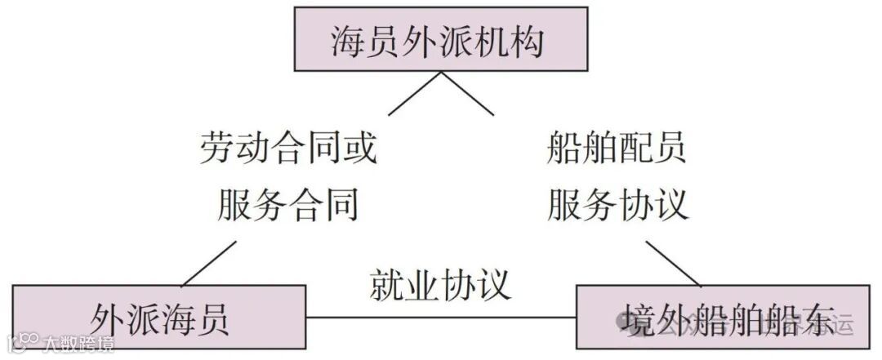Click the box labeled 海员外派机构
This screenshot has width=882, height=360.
(440, 39)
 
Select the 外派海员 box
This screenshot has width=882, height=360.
(159, 318)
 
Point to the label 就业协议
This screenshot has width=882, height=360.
(440, 284)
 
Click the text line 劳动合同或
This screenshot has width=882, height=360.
(288, 149)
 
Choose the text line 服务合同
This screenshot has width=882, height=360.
(288, 203)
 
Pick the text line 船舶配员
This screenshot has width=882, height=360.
(617, 149)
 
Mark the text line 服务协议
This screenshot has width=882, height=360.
(617, 203)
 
